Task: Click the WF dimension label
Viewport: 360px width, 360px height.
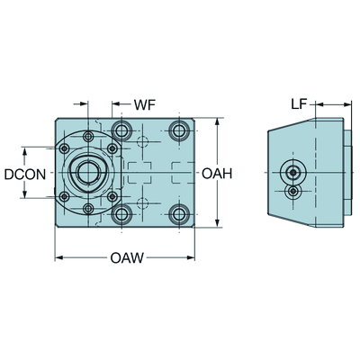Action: point(145,104)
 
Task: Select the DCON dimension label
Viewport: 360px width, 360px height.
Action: point(25,175)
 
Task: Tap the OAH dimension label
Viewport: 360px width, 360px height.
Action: point(217,174)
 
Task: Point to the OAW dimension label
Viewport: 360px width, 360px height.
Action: point(127,257)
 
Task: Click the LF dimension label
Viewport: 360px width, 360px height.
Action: point(299,104)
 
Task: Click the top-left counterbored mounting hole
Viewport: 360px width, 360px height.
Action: point(121,130)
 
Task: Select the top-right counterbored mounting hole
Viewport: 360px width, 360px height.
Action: point(179,130)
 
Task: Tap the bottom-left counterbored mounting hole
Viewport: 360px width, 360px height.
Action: point(121,214)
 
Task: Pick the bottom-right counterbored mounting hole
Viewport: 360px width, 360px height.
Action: point(179,214)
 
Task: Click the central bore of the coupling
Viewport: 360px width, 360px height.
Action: point(88,172)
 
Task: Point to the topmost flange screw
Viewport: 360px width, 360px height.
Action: point(88,137)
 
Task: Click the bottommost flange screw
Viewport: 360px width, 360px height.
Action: point(88,208)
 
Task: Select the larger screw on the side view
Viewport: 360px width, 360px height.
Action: point(292,172)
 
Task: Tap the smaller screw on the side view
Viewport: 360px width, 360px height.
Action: point(293,191)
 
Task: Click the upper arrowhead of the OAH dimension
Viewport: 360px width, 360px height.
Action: point(217,122)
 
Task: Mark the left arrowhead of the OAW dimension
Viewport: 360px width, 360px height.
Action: point(59,257)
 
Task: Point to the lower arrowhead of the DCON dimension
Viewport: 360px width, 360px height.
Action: point(25,194)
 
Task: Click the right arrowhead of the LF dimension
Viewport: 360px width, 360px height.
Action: point(347,104)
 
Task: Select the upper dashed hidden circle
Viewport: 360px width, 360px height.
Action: point(143,141)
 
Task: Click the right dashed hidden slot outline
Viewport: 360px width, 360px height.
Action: point(183,173)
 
